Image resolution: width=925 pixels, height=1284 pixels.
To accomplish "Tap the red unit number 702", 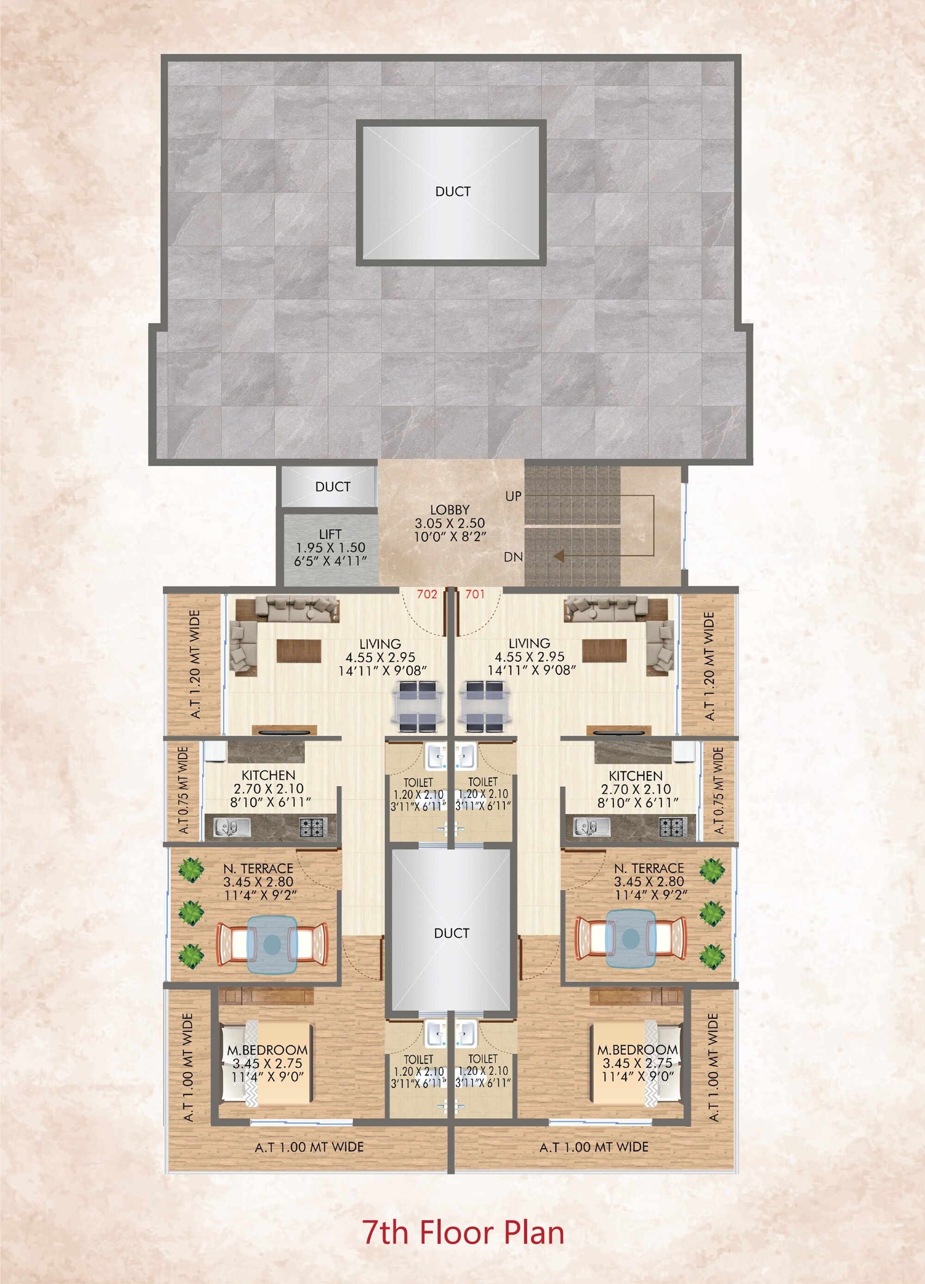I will click(x=427, y=594).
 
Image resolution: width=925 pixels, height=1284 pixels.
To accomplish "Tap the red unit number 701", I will click(x=475, y=594).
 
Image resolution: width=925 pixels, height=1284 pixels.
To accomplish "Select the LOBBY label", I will click(x=450, y=510).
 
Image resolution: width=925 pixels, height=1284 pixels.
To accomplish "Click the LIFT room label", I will click(x=330, y=534).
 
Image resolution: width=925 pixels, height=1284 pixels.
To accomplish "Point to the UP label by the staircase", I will click(x=513, y=496).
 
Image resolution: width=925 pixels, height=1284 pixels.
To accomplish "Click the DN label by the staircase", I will click(x=513, y=557).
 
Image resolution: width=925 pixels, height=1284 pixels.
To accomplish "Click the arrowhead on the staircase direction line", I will click(x=559, y=556).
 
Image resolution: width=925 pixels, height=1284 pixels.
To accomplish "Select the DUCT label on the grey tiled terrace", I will click(x=452, y=191).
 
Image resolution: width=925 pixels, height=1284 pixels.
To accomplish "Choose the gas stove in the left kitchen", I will click(x=313, y=827).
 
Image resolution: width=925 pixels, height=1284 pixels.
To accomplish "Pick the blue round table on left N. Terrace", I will click(x=272, y=943).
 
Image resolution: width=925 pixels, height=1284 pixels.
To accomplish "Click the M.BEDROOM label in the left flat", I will click(x=267, y=1050).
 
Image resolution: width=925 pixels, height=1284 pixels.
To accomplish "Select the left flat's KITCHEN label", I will click(x=268, y=775).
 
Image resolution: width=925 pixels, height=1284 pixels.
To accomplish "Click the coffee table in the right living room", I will click(x=604, y=650).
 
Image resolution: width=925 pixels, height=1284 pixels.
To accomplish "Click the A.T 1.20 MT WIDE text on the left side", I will click(x=195, y=664).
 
